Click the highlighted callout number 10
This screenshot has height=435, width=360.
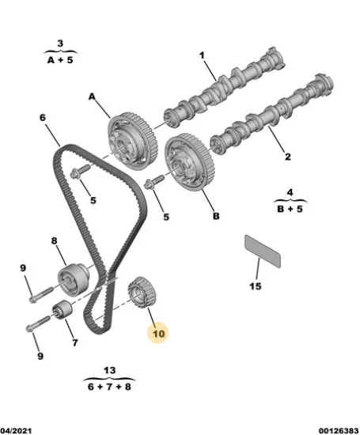coord(159,334)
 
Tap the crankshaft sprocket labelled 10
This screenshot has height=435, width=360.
coord(142,293)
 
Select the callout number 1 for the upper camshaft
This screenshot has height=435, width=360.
coord(202,55)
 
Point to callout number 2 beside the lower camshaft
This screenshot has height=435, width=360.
coord(288,157)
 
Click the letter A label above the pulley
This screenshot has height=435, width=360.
coord(92,96)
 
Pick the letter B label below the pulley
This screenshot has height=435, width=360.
coord(216,216)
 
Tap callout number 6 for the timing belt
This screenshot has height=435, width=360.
coord(42,118)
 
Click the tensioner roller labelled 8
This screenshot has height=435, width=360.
coord(74,279)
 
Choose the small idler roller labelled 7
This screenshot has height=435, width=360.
coord(63,309)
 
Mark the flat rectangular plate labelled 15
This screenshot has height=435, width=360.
coord(263,252)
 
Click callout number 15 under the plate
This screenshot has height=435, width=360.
coord(255,286)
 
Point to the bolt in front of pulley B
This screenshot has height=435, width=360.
coord(155,182)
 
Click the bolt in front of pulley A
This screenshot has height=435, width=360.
coord(81,172)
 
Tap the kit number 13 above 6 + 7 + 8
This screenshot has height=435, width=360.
coord(109,370)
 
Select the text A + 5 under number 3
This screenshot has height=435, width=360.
coord(60,60)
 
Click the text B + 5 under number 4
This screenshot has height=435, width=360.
coord(290,209)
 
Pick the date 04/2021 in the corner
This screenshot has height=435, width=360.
coord(16,431)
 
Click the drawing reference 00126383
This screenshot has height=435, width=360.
coord(339,431)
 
